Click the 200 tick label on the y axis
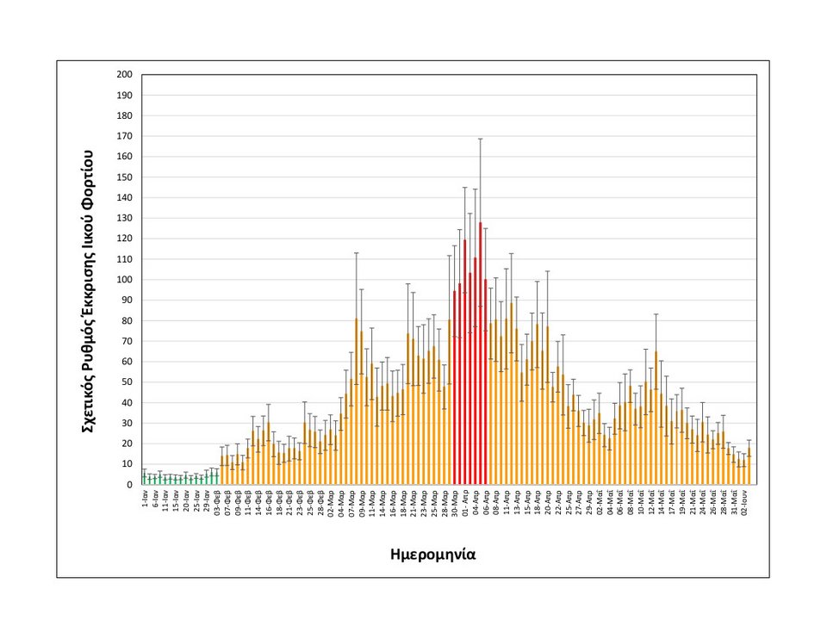point(124,75)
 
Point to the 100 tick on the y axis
point(124,280)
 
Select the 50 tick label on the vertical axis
point(127,382)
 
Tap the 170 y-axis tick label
point(124,136)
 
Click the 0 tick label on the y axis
point(129,485)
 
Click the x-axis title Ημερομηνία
point(432,555)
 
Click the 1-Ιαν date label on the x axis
point(146,501)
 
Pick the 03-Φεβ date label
point(217,505)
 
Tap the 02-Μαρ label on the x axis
point(330,505)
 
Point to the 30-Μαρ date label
point(455,505)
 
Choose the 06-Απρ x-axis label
point(486,505)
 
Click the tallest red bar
point(481,353)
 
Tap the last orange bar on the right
point(749,466)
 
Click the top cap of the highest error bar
point(481,139)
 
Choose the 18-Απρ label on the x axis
point(538,505)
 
